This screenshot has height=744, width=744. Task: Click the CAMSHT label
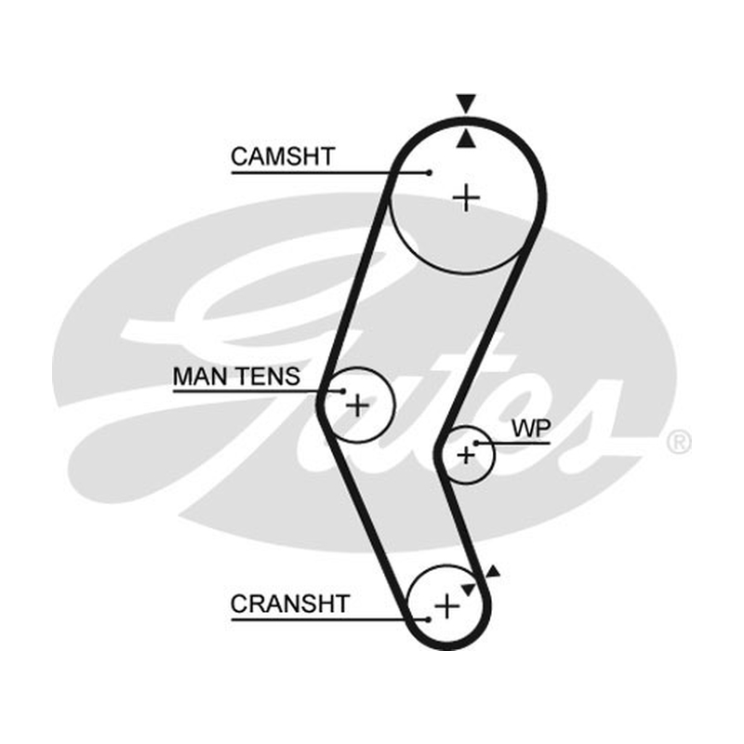click(283, 156)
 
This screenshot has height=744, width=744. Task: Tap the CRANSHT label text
click(290, 604)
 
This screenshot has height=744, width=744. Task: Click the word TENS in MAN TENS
click(268, 377)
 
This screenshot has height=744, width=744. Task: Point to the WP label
click(531, 429)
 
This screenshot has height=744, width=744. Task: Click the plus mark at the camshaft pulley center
click(467, 197)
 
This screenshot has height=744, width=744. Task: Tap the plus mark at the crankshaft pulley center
click(446, 606)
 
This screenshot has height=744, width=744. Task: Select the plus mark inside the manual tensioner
click(357, 405)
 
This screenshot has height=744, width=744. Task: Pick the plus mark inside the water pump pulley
click(466, 456)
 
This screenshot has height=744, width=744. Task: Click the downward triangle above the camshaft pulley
click(466, 102)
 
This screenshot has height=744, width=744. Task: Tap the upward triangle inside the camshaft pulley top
click(466, 139)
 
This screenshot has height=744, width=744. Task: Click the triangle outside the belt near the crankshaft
click(493, 571)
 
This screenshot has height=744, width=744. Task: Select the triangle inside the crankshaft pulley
click(469, 590)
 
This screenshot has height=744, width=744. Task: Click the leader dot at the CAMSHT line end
click(429, 173)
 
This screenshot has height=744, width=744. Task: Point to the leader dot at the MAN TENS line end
click(343, 392)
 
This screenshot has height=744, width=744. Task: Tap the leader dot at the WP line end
click(476, 444)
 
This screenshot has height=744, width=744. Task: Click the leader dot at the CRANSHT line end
click(428, 619)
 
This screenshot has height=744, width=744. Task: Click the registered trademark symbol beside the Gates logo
click(679, 443)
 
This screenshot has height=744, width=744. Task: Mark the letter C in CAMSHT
click(240, 156)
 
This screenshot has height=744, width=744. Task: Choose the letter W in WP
click(523, 429)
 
